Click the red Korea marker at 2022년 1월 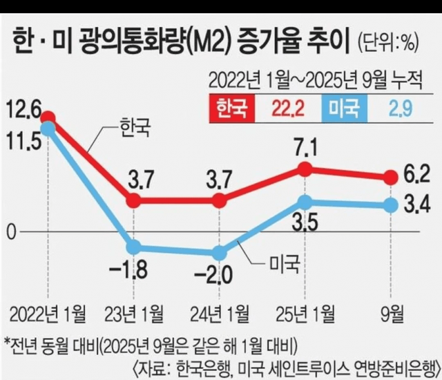pos(48,119)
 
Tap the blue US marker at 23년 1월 pos(133,247)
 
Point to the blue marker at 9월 pos(391,205)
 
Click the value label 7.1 pos(305,147)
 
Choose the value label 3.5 pos(305,225)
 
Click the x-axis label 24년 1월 pos(220,308)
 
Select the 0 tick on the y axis pos(10,232)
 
